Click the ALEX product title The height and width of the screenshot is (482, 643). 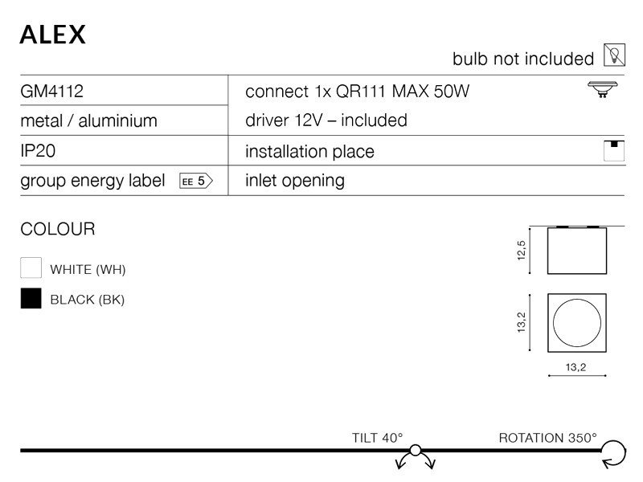point(52,33)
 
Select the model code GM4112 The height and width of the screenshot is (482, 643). point(51,91)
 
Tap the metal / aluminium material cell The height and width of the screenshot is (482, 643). point(88,121)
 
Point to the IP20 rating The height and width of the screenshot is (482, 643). point(38,151)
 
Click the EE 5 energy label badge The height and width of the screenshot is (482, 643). point(195,181)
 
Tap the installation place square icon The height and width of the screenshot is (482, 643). point(614,151)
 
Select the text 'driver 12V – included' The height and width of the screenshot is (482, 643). point(326,120)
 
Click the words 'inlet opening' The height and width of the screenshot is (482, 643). point(294,181)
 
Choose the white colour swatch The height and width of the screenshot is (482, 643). point(31,268)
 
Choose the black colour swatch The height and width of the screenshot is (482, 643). point(31,299)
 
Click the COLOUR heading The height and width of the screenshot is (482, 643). point(57,229)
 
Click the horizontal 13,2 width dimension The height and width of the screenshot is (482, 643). point(575,368)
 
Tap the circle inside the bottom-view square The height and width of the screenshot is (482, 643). point(575,322)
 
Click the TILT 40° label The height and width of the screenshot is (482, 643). point(376,438)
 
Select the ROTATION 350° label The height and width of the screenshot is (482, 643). point(548,438)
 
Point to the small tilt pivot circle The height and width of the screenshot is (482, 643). point(416,451)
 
